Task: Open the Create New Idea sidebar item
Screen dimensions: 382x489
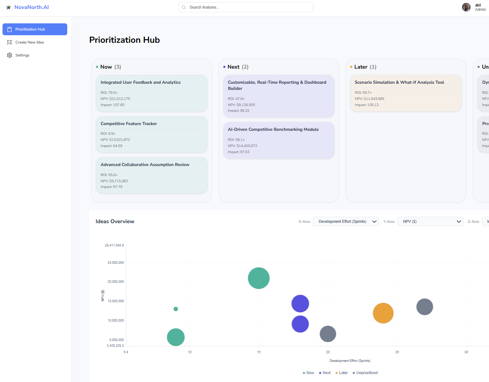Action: coord(29,42)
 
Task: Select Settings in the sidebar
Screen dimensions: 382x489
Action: coord(22,55)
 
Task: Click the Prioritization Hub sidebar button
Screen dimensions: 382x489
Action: coord(35,29)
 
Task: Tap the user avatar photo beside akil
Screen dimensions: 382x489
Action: coord(466,7)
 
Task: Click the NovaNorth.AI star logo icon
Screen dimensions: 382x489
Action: coord(9,7)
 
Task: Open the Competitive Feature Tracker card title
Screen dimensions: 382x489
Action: coord(129,124)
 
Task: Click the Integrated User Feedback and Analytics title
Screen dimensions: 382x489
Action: coord(141,82)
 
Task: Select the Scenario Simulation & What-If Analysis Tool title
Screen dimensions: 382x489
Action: coord(399,82)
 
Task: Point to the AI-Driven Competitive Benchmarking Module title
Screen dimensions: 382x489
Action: coord(273,129)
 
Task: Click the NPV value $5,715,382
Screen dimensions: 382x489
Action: coord(119,181)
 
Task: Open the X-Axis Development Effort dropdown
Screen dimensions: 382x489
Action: coord(346,221)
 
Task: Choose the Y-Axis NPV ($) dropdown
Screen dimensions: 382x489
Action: coord(430,221)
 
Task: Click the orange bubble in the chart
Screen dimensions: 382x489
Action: coord(383,313)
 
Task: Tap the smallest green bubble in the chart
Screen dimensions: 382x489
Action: coord(176,309)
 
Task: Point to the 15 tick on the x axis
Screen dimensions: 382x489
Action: coord(259,352)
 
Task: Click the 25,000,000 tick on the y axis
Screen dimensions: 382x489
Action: coord(115,263)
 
